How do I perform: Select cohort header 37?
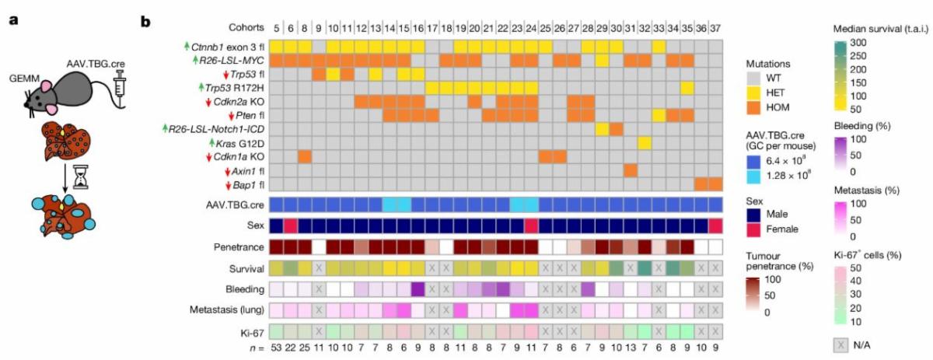(x=715, y=27)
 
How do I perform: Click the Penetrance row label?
(x=237, y=247)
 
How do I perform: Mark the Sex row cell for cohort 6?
(x=290, y=225)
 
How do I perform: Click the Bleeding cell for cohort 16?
(x=418, y=289)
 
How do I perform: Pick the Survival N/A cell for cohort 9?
(x=318, y=268)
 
